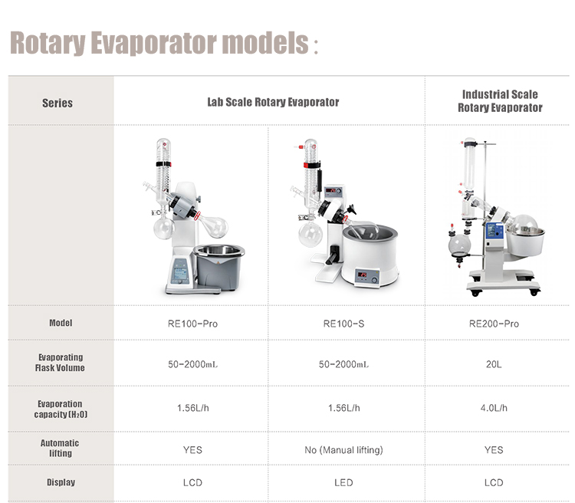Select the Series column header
coord(58,103)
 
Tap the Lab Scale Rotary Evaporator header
coord(272,102)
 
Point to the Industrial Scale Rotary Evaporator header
coord(500,101)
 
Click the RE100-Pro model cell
coord(192,324)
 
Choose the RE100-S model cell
coord(343,324)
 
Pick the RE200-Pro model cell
coord(494,324)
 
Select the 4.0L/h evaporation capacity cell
coord(494,408)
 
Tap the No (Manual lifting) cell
coord(343,449)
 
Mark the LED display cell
coord(343,482)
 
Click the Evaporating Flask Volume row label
coord(61,363)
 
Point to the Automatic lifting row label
coord(60,448)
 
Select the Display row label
coord(61,482)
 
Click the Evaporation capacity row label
coord(61,409)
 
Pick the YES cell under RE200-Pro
coord(494,449)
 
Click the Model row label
coord(61,323)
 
